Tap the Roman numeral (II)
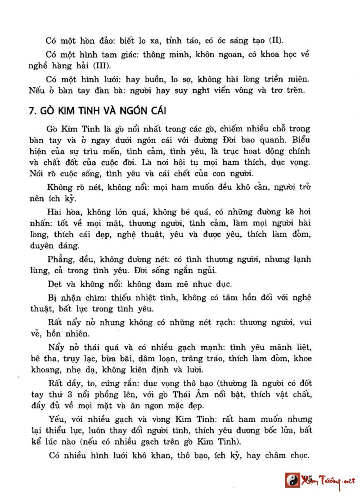275,41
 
